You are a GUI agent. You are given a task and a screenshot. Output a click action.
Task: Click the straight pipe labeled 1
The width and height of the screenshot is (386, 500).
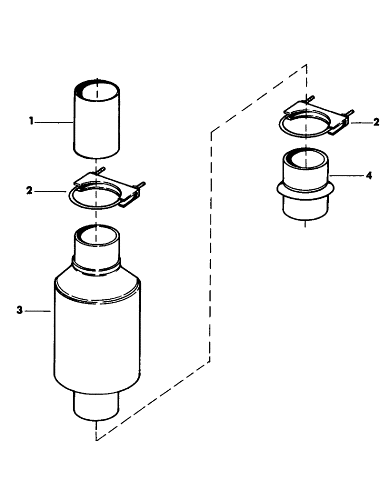(x=98, y=125)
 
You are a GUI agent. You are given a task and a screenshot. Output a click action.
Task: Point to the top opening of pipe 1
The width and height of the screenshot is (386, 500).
(x=98, y=92)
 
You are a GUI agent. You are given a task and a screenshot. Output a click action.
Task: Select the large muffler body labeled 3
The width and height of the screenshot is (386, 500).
(x=97, y=335)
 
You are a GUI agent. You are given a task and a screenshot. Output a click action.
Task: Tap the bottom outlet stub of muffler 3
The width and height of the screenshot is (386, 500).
(x=96, y=405)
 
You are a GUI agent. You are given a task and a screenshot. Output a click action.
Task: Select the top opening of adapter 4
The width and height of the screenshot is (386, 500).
(x=306, y=160)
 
